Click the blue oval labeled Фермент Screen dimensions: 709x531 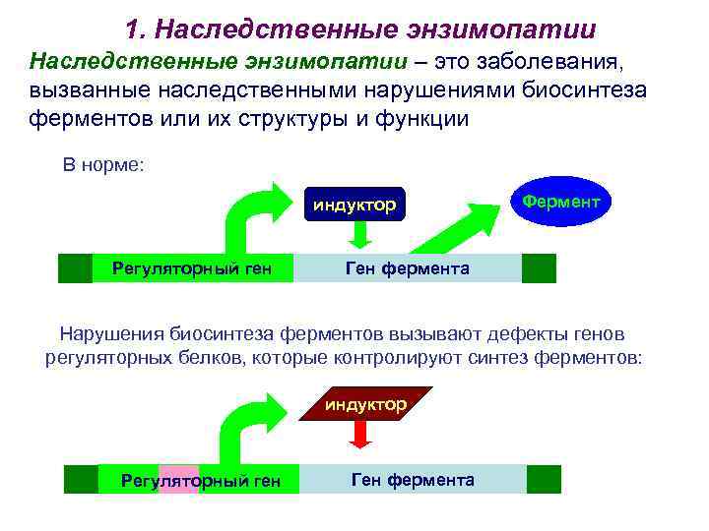coord(560,201)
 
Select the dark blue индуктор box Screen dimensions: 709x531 coord(354,205)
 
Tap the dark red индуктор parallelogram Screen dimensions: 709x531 coord(364,405)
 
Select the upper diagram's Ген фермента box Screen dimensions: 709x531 coord(408,268)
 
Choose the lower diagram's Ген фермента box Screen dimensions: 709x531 coord(413,480)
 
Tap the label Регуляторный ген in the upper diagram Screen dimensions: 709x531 coord(189,268)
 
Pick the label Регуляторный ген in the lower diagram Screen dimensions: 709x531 coord(201,481)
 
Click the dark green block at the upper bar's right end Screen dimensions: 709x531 coord(539,268)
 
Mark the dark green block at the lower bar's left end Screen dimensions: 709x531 coord(81,480)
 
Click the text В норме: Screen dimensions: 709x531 coord(103,164)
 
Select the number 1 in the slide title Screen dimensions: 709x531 coord(134,29)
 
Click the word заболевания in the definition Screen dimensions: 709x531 coord(561,62)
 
